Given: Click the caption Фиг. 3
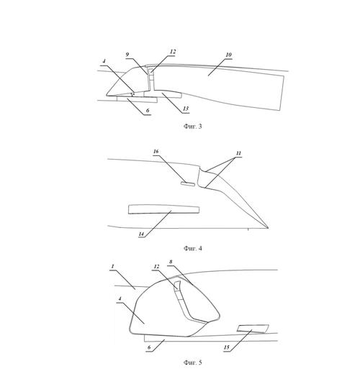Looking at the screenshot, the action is (x=192, y=126).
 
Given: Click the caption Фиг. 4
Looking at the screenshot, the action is (x=192, y=248).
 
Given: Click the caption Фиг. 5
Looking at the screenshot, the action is (x=192, y=362).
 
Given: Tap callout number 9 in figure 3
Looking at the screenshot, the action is (x=127, y=55).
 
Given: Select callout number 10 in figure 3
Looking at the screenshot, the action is (x=229, y=55).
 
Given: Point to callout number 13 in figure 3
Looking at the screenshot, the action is (x=186, y=109).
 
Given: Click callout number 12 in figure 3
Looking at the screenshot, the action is (x=173, y=52).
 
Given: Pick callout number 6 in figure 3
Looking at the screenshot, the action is (x=148, y=111).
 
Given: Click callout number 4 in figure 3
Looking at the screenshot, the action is (x=104, y=61).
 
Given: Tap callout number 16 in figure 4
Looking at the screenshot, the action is (x=156, y=152).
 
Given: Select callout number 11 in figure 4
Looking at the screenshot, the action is (x=238, y=153).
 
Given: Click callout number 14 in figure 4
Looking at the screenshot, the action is (x=141, y=234).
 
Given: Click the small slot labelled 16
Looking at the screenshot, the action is (x=188, y=183).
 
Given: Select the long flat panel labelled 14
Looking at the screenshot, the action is (x=163, y=209).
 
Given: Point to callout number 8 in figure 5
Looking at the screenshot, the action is (x=171, y=262).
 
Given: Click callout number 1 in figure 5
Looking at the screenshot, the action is (x=112, y=266).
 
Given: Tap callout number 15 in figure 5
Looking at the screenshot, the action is (x=227, y=347).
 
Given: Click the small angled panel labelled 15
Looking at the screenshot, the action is (x=253, y=329).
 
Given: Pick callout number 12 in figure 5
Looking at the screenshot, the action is (x=156, y=267).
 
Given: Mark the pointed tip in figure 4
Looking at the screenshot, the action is (x=268, y=228).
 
